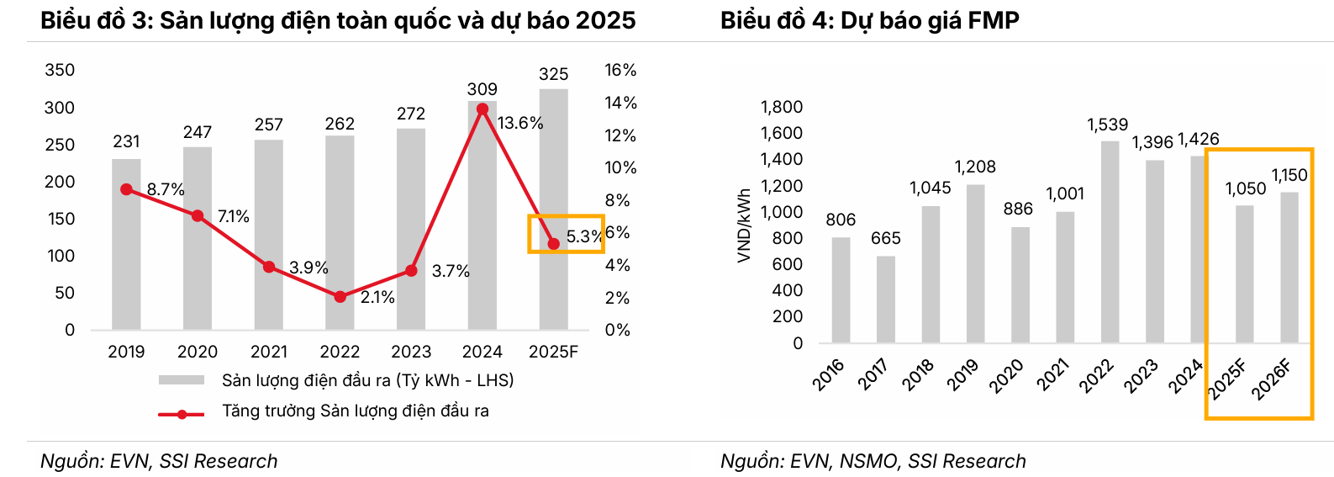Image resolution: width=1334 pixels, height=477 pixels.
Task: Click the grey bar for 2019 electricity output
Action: point(126,244)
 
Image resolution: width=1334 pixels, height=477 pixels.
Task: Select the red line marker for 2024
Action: point(482,109)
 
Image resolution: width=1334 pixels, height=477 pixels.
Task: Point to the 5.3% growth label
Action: point(583,236)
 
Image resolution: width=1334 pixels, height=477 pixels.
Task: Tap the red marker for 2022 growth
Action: point(340,297)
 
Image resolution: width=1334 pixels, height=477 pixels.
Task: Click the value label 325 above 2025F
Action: point(553,74)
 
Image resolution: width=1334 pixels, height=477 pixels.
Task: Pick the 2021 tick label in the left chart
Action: point(269,352)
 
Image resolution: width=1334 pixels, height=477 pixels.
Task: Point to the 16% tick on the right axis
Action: point(620,70)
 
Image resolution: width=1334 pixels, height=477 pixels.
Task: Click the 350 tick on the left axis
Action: point(60,70)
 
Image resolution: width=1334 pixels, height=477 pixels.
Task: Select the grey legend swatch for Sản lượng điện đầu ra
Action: point(182,380)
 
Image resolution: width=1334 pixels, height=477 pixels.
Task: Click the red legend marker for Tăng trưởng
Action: point(182,414)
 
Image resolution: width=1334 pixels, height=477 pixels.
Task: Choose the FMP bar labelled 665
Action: point(886,299)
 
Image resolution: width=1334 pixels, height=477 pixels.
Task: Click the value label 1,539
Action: point(1107,125)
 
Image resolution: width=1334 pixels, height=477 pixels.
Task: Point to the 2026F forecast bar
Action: point(1289,267)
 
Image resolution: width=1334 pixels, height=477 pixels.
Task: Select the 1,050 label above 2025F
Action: point(1245,188)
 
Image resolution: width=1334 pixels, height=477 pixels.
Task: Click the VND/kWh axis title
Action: point(744,225)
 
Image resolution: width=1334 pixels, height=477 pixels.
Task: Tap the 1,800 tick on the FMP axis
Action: point(782,107)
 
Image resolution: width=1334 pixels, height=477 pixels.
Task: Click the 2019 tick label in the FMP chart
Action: point(962,375)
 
